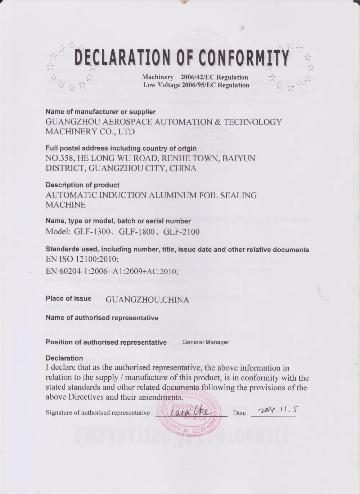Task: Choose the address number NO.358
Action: point(60,158)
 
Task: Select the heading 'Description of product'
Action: point(82,185)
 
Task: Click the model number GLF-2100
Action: point(181,232)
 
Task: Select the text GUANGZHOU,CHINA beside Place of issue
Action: point(147,300)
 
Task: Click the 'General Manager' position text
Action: point(206,342)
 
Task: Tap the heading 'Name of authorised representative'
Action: point(102,318)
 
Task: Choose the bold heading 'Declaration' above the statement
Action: point(64,358)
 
